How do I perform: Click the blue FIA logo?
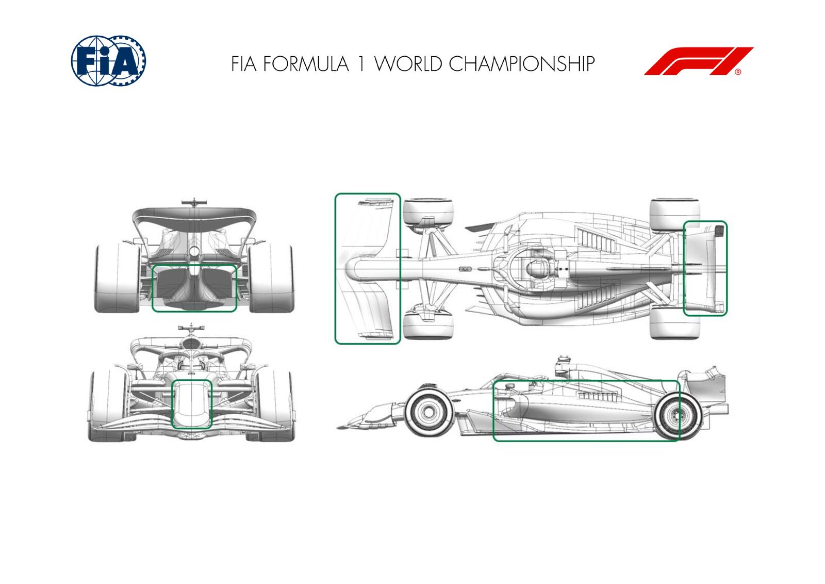[108, 60]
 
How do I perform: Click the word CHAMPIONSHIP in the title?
[522, 64]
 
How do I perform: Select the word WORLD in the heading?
[408, 64]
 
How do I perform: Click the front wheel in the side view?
[427, 411]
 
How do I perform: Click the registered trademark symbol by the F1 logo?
[738, 72]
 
